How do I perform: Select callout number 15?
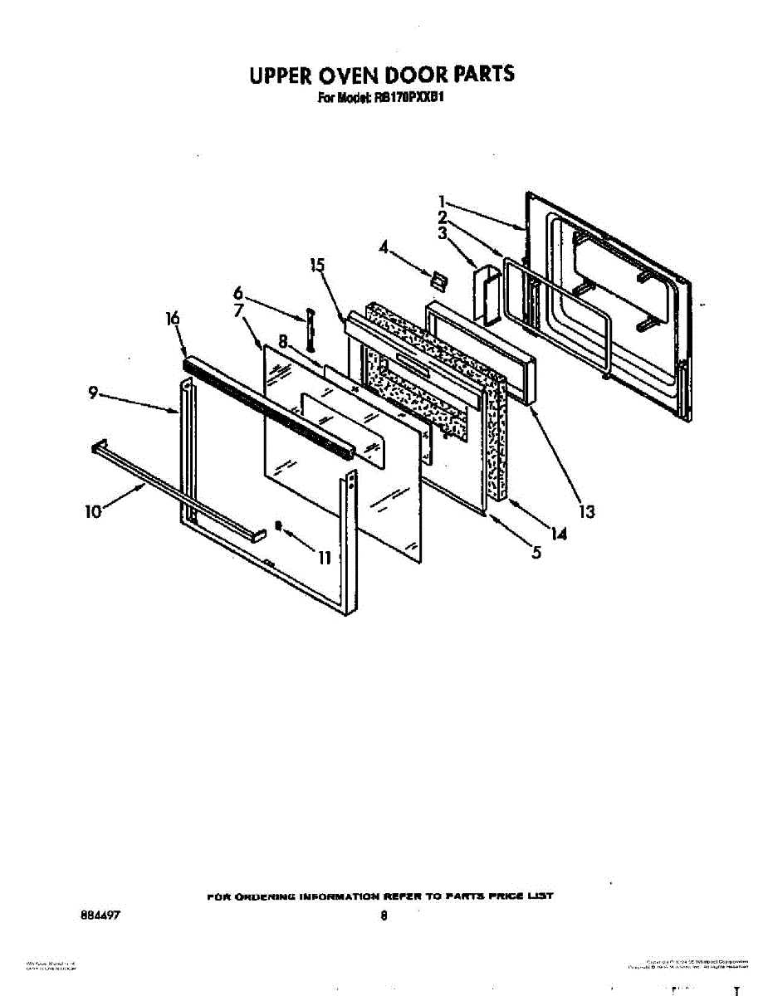pos(316,266)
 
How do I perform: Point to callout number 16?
pos(174,320)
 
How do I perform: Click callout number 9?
pos(94,395)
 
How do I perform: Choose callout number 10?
pos(93,511)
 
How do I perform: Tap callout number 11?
pos(325,558)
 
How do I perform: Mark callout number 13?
pos(587,512)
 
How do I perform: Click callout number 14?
pos(559,535)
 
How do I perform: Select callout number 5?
pos(537,551)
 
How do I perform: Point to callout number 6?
pos(238,293)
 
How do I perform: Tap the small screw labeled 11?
pos(279,526)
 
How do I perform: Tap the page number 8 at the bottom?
pos(384,917)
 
